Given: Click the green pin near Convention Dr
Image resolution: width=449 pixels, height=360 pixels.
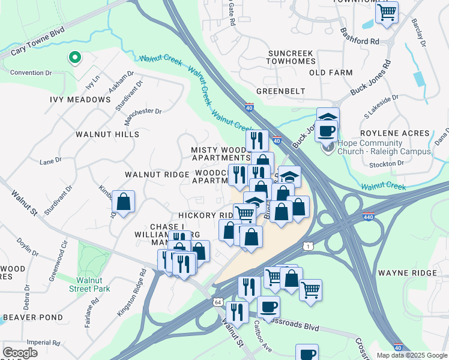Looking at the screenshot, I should (74, 58).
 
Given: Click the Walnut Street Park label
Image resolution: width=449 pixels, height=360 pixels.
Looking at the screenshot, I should (93, 284).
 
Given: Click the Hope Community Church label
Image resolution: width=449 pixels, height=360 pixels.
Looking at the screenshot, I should (384, 147).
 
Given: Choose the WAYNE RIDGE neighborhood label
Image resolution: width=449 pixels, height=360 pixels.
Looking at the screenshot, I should (408, 273).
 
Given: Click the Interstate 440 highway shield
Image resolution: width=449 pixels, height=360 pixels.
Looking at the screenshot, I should (366, 219).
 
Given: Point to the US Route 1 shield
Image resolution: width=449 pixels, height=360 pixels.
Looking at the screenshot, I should (308, 247).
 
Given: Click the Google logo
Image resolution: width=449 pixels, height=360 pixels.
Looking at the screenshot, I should (20, 353).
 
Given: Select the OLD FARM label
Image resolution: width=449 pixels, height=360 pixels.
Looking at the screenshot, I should (331, 73).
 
